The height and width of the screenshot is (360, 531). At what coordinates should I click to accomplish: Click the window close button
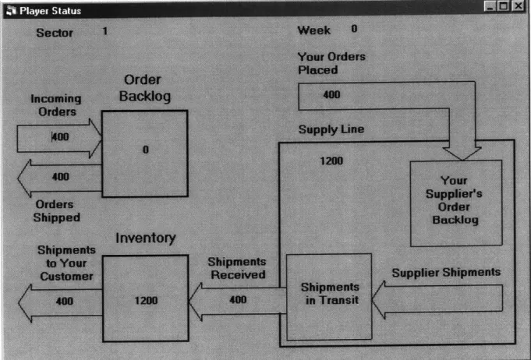519,6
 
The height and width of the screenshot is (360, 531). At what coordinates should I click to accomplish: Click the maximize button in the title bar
504,6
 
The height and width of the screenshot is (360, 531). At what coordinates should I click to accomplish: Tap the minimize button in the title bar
490,6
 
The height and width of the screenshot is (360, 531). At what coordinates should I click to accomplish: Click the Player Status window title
50,11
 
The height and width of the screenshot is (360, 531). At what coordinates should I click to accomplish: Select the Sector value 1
105,31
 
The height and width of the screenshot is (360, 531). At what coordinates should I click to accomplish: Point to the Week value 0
354,29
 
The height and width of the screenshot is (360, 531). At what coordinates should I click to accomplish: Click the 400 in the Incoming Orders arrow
61,136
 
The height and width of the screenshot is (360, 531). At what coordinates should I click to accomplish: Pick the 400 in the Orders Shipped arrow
61,177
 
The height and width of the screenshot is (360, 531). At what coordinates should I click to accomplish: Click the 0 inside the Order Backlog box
146,150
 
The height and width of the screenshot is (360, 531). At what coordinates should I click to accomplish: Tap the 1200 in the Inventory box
147,301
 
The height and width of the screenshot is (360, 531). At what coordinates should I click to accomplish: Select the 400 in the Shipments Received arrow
238,299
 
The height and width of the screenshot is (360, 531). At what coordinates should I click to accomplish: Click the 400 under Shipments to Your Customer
65,301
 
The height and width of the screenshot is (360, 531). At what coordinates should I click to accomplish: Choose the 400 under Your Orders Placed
332,94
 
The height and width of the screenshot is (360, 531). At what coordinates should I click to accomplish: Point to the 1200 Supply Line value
331,161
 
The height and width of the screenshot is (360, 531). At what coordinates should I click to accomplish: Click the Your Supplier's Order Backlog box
456,203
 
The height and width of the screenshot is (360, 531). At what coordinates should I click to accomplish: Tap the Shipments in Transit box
329,297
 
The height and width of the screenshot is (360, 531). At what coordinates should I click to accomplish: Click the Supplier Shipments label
446,273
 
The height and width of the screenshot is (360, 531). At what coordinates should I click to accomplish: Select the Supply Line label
331,129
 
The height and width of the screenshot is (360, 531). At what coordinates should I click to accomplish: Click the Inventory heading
146,238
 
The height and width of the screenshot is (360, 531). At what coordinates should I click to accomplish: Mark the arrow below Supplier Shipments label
437,300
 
